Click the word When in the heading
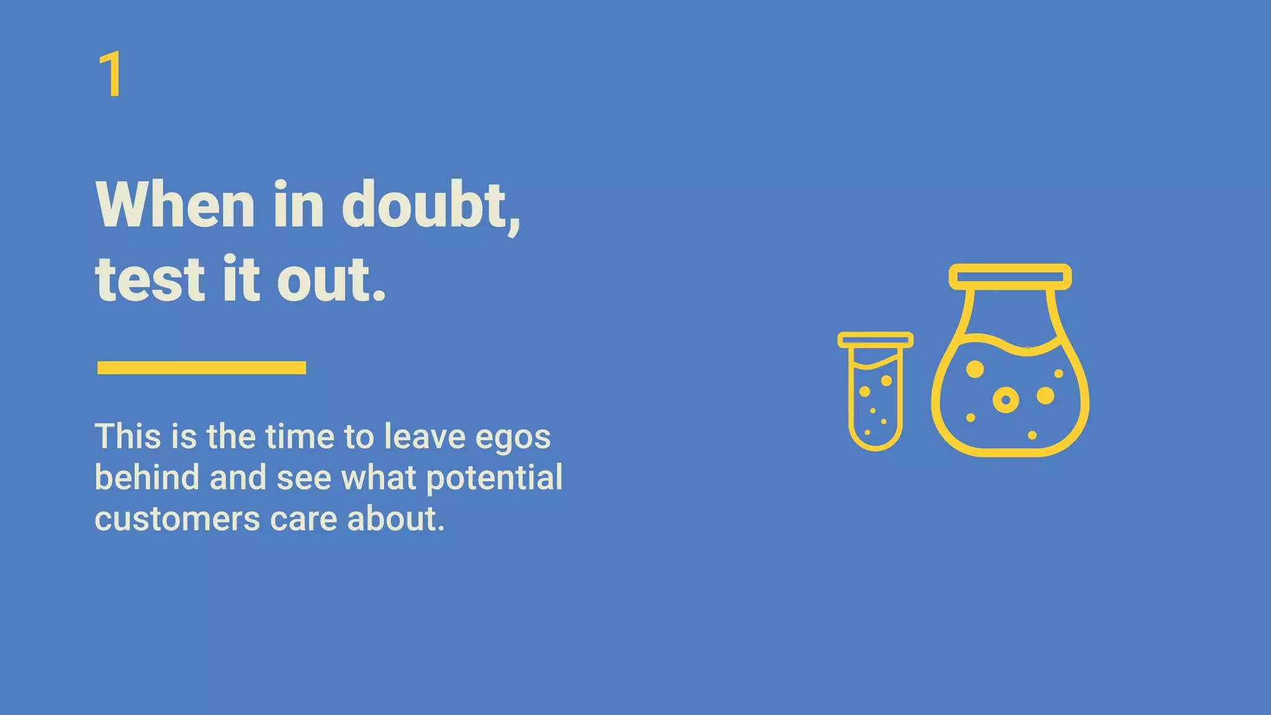[x=175, y=205]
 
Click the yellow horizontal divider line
[x=202, y=367]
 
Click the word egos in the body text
[x=513, y=437]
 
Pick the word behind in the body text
[x=147, y=477]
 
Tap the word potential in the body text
[x=495, y=477]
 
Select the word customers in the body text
[x=177, y=518]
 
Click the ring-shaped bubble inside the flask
[x=1005, y=399]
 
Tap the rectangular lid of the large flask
[x=1010, y=277]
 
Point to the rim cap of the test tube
[x=875, y=340]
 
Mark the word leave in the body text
[x=424, y=436]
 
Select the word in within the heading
[x=299, y=205]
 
